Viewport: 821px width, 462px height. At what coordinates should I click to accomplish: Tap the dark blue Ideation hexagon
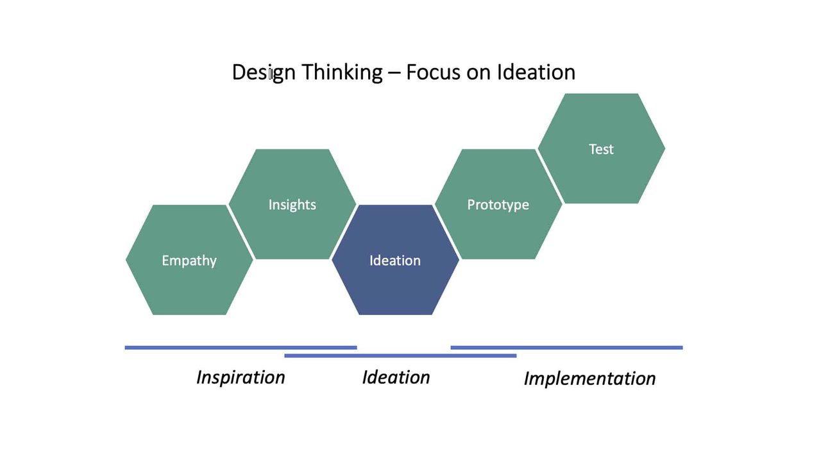(395, 282)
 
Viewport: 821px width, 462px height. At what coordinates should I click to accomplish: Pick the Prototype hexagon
(498, 225)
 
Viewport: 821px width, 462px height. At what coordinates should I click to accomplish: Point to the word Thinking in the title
(342, 72)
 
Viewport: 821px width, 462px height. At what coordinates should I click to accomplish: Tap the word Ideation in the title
(536, 72)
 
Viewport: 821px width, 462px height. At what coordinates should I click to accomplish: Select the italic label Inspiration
(241, 377)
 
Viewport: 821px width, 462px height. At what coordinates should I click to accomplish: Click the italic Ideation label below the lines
(396, 377)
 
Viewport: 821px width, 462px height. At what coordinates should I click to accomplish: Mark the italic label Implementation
(589, 379)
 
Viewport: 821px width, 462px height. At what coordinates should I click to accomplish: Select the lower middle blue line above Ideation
(400, 355)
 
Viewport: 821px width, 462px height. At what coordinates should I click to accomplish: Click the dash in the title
(394, 73)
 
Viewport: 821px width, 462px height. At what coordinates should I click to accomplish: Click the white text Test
(601, 149)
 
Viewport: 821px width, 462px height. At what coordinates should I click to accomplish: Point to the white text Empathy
(189, 261)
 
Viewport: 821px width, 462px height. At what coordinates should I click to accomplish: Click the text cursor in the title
(271, 74)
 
